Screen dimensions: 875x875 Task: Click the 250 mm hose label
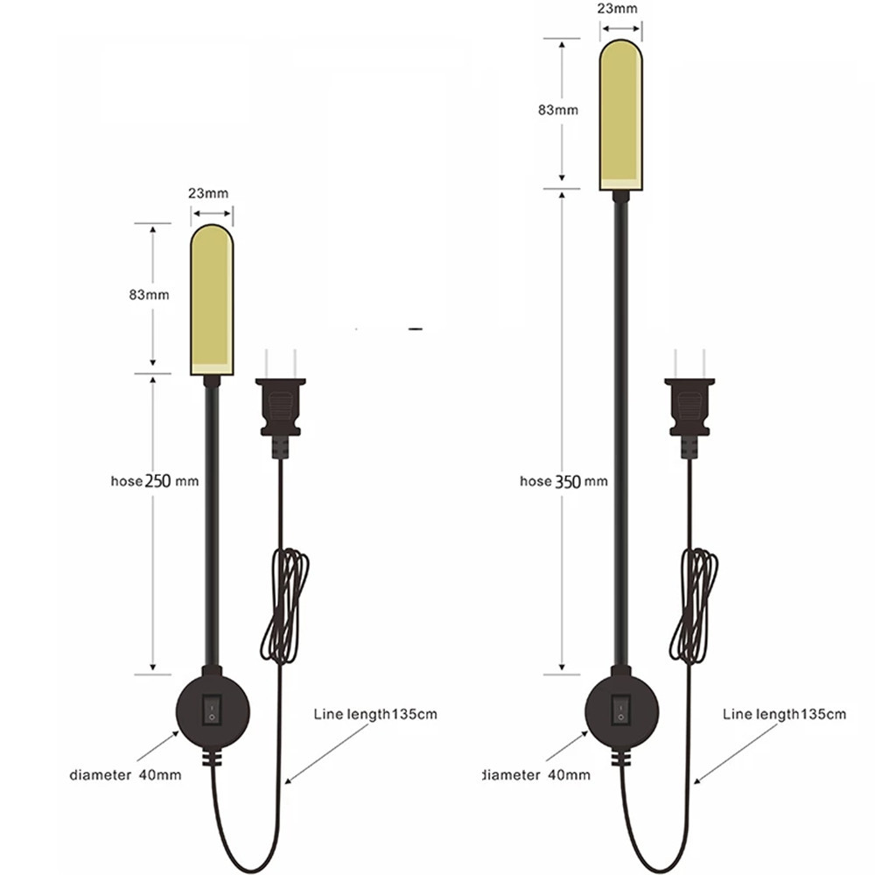tap(155, 481)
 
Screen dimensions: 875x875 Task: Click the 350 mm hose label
tap(563, 481)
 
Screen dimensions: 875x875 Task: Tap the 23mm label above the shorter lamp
tap(208, 193)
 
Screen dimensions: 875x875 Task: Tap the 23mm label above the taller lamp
tap(617, 9)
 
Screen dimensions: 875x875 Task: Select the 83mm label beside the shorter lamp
tap(149, 295)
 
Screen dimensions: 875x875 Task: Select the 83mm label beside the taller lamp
tap(558, 110)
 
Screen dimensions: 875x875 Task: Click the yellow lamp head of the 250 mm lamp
tap(212, 299)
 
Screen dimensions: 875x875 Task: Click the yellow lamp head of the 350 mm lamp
tap(621, 115)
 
